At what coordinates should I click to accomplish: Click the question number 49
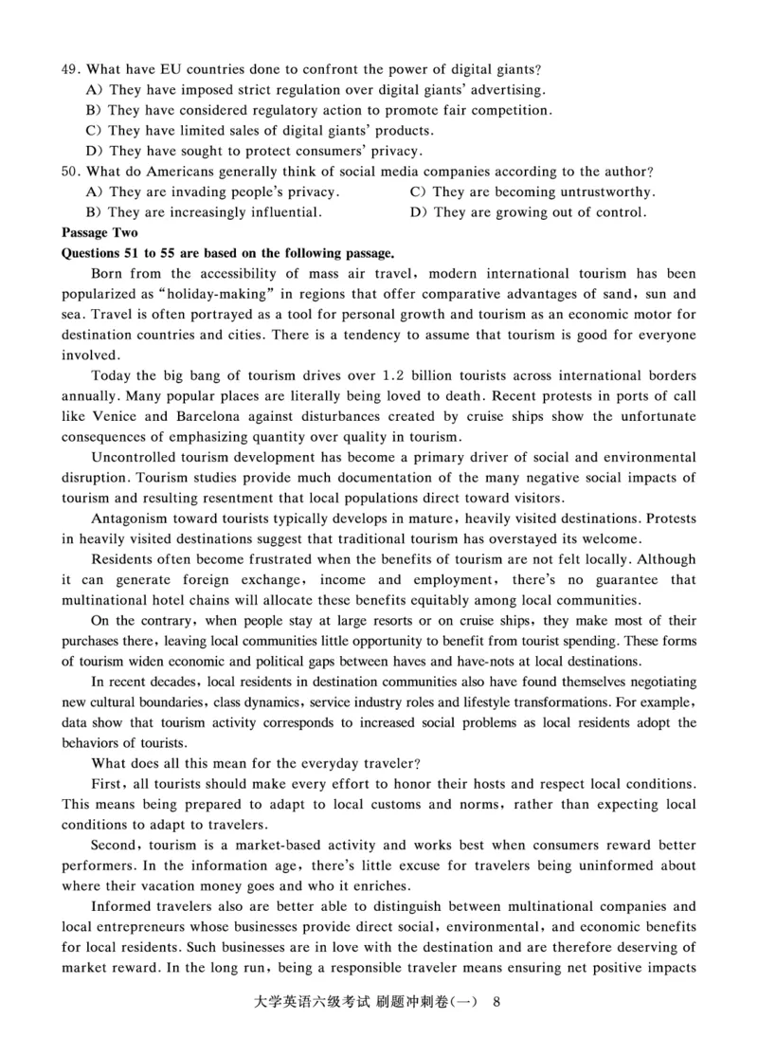click(x=70, y=69)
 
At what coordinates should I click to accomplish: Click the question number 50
click(x=70, y=172)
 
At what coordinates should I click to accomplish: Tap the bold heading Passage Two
click(x=99, y=233)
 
